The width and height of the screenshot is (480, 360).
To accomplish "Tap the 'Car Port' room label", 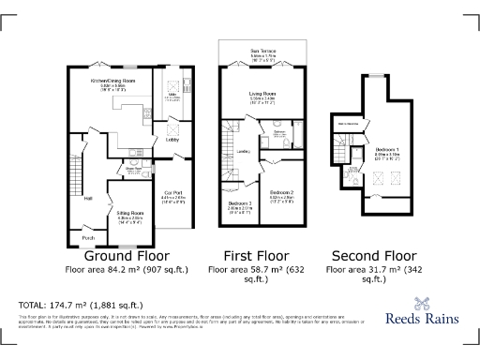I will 172,192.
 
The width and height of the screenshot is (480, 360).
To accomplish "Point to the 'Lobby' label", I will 172,140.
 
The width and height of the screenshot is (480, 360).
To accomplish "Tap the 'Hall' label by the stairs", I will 88,198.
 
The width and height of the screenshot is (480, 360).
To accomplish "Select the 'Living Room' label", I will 262,94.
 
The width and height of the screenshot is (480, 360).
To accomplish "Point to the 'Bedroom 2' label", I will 282,194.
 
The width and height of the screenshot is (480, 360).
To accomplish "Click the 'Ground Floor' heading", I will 127,255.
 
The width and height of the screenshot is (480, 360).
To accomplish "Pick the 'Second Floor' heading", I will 374,255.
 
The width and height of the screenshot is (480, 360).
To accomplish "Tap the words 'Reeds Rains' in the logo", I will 422,319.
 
